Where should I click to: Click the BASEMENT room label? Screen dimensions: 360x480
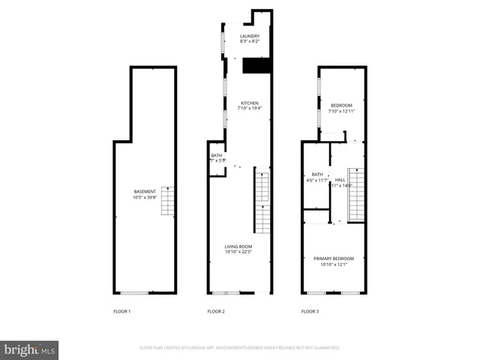click(x=144, y=192)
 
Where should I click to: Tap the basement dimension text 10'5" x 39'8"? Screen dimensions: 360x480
click(x=144, y=198)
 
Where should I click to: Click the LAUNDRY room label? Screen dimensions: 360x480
click(x=250, y=36)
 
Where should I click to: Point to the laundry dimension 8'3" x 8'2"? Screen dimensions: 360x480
click(x=250, y=42)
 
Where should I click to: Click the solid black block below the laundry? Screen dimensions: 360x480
click(x=256, y=67)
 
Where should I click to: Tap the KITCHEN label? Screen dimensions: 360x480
click(x=250, y=103)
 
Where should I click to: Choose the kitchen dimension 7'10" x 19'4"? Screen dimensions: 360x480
click(x=250, y=109)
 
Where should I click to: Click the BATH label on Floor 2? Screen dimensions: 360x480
click(x=217, y=155)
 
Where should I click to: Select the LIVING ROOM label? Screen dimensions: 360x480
click(x=238, y=246)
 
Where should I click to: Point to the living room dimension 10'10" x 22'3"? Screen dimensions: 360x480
click(x=238, y=252)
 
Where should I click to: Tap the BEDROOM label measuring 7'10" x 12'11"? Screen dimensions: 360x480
click(x=341, y=105)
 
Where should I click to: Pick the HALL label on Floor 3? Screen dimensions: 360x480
click(x=340, y=180)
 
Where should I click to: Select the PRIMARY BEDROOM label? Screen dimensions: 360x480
click(x=334, y=258)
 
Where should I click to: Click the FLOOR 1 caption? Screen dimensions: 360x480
click(x=122, y=310)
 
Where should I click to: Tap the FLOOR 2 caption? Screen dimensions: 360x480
click(x=216, y=310)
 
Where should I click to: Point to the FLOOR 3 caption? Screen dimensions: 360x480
click(x=310, y=310)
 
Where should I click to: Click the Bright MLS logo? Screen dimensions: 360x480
click(x=30, y=349)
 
